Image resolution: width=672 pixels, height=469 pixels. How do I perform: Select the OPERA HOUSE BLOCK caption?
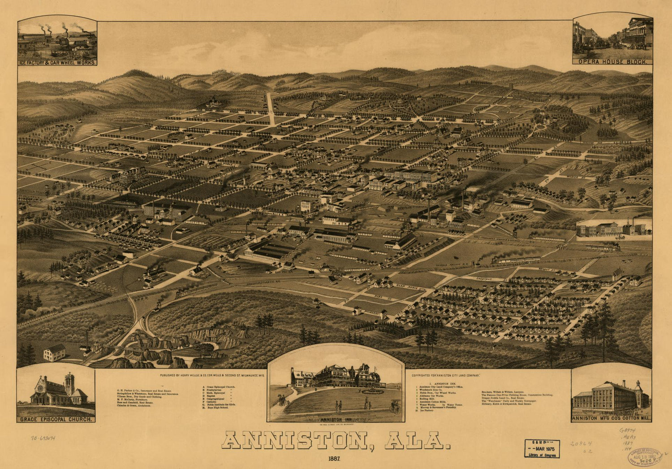[612, 61]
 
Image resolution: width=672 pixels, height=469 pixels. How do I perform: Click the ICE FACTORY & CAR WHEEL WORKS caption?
[57, 63]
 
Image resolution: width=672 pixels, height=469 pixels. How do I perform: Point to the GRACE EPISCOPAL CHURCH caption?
[56, 419]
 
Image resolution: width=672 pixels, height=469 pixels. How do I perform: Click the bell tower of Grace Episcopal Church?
[69, 383]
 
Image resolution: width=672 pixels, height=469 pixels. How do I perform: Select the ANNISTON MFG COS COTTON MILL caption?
[611, 419]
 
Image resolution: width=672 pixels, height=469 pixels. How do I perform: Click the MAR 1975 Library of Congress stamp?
[542, 448]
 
